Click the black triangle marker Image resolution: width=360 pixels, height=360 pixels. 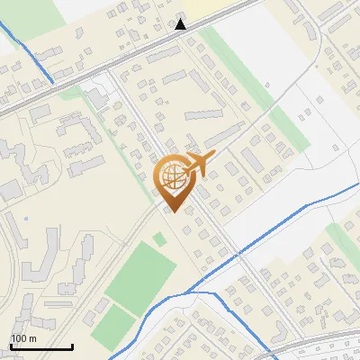pyautogui.click(x=181, y=23)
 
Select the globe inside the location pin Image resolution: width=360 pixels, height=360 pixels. pyautogui.click(x=172, y=177)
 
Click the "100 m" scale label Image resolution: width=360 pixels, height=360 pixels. pyautogui.click(x=23, y=338)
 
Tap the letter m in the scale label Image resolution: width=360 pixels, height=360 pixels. pyautogui.click(x=31, y=338)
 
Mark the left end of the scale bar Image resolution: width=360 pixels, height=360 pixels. pyautogui.click(x=11, y=346)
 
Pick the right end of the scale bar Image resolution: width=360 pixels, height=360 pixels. pyautogui.click(x=72, y=346)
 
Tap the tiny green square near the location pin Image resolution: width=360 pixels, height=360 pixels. pyautogui.click(x=159, y=238)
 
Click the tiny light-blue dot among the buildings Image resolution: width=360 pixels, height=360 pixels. pyautogui.click(x=26, y=218)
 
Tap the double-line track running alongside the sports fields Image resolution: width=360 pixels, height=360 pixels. pyautogui.click(x=99, y=288)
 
